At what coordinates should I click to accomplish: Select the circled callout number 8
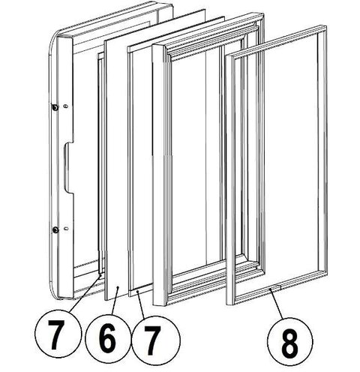click(290, 341)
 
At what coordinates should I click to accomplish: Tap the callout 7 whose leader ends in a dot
click(155, 340)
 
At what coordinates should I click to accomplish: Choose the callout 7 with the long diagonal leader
click(58, 334)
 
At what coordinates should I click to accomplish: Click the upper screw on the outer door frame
click(54, 107)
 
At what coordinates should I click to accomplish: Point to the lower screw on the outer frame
click(55, 229)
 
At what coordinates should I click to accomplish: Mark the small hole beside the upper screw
click(66, 106)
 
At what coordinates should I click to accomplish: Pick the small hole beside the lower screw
click(66, 228)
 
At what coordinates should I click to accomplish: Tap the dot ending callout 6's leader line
click(118, 288)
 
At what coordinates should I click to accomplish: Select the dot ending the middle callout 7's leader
click(138, 291)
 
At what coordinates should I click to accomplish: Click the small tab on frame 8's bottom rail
click(276, 287)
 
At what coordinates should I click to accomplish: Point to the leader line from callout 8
click(277, 304)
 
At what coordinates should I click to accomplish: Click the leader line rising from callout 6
click(115, 301)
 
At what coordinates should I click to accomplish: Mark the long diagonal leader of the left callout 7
click(85, 293)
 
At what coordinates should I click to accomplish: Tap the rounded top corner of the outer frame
click(53, 39)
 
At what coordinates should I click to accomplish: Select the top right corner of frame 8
click(325, 26)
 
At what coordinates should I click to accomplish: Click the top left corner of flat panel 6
click(105, 41)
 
